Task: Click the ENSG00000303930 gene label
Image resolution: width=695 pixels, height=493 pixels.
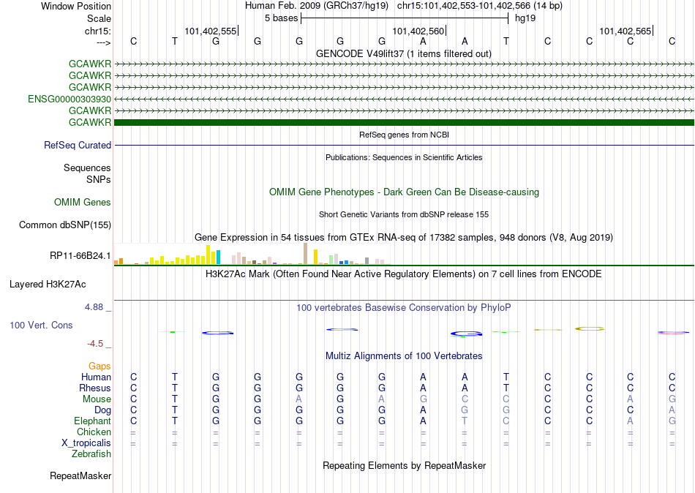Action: click(x=69, y=99)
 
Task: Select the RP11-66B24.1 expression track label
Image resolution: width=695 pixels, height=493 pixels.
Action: click(x=80, y=256)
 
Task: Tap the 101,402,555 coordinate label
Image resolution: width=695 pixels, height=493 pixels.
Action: click(x=211, y=31)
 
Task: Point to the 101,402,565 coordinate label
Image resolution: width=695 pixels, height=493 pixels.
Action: click(x=625, y=31)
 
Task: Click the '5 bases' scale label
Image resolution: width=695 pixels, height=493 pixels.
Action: click(x=282, y=18)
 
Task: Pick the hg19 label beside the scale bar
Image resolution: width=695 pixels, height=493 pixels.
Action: click(x=525, y=18)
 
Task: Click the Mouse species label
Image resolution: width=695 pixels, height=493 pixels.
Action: click(x=97, y=399)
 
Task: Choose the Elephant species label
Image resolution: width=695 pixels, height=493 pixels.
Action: click(x=93, y=421)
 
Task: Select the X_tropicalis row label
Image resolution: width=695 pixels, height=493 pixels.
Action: click(x=86, y=443)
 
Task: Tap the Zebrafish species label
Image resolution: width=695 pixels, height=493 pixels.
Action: click(x=91, y=454)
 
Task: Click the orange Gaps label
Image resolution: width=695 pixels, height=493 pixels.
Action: click(x=99, y=366)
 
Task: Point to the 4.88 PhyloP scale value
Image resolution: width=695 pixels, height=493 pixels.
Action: click(x=94, y=307)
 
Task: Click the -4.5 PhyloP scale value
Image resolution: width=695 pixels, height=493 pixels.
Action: click(x=95, y=344)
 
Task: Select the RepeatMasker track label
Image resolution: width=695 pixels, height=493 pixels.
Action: click(x=80, y=475)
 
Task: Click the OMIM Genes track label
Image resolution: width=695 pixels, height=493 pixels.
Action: click(x=83, y=202)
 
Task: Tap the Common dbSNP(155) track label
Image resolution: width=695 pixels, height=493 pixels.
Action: click(x=65, y=225)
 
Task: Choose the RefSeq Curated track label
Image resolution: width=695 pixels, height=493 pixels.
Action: click(x=78, y=145)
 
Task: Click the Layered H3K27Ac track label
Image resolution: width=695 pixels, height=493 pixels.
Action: click(x=48, y=285)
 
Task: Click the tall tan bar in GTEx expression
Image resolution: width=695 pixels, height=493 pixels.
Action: click(x=305, y=254)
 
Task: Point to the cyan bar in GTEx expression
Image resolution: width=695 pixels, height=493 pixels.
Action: click(x=218, y=257)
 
